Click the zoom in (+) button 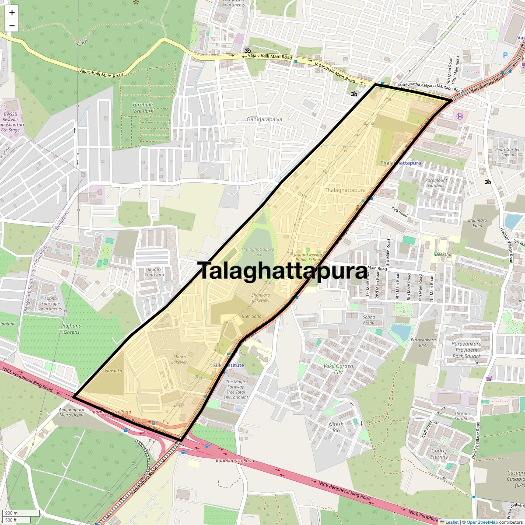click(x=12, y=13)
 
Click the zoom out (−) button click(x=12, y=26)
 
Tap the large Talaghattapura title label click(x=283, y=271)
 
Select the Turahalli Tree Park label click(x=143, y=108)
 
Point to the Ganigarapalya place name click(x=264, y=119)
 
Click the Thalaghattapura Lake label click(x=258, y=252)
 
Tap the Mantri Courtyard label click(x=154, y=272)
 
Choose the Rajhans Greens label click(x=71, y=329)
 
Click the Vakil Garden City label click(x=338, y=369)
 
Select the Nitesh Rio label click(x=336, y=427)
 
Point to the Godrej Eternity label click(x=439, y=454)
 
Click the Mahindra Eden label click(x=477, y=223)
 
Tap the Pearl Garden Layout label click(x=507, y=152)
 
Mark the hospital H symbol click(x=459, y=116)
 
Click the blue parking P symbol click(x=505, y=56)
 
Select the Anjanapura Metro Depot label click(x=71, y=412)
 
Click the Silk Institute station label click(x=228, y=365)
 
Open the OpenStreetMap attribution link click(x=482, y=522)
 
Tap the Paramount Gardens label click(x=436, y=182)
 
